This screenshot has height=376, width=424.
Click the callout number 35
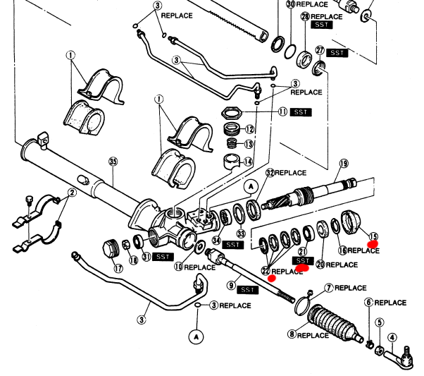click(x=113, y=162)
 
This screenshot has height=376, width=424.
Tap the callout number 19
click(x=344, y=164)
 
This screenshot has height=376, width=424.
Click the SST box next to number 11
click(x=301, y=112)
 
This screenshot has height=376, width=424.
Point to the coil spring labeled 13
click(x=232, y=142)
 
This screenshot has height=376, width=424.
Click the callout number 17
click(x=118, y=269)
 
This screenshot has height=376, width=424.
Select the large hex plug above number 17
click(x=111, y=249)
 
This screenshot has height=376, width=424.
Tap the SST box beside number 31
click(x=163, y=257)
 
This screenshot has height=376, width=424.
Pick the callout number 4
click(x=392, y=338)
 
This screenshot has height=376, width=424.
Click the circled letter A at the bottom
click(x=197, y=337)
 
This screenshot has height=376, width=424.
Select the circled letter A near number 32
click(x=251, y=187)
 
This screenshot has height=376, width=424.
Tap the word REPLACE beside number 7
click(x=351, y=288)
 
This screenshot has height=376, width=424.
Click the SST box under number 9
click(x=247, y=290)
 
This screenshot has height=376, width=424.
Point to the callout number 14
click(x=248, y=162)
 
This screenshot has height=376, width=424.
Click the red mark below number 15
click(x=373, y=244)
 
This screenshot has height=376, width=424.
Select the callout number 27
click(x=320, y=50)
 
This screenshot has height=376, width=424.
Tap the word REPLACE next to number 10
click(x=200, y=267)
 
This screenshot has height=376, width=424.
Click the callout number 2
click(x=72, y=193)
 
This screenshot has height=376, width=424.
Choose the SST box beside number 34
click(x=232, y=245)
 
